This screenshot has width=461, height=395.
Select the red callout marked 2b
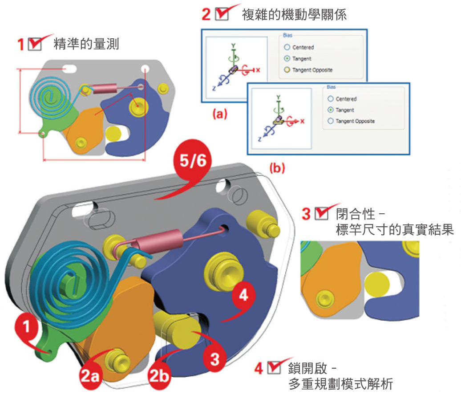click(159, 377)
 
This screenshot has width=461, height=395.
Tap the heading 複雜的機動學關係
click(294, 15)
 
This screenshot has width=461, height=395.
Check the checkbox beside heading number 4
click(273, 368)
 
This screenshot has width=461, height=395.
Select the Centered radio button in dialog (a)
click(287, 47)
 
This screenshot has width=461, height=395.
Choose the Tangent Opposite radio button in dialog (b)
click(330, 121)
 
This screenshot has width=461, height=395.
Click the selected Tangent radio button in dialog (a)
click(287, 58)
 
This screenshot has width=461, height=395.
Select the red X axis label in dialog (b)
click(303, 121)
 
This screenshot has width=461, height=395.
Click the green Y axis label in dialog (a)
click(232, 45)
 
